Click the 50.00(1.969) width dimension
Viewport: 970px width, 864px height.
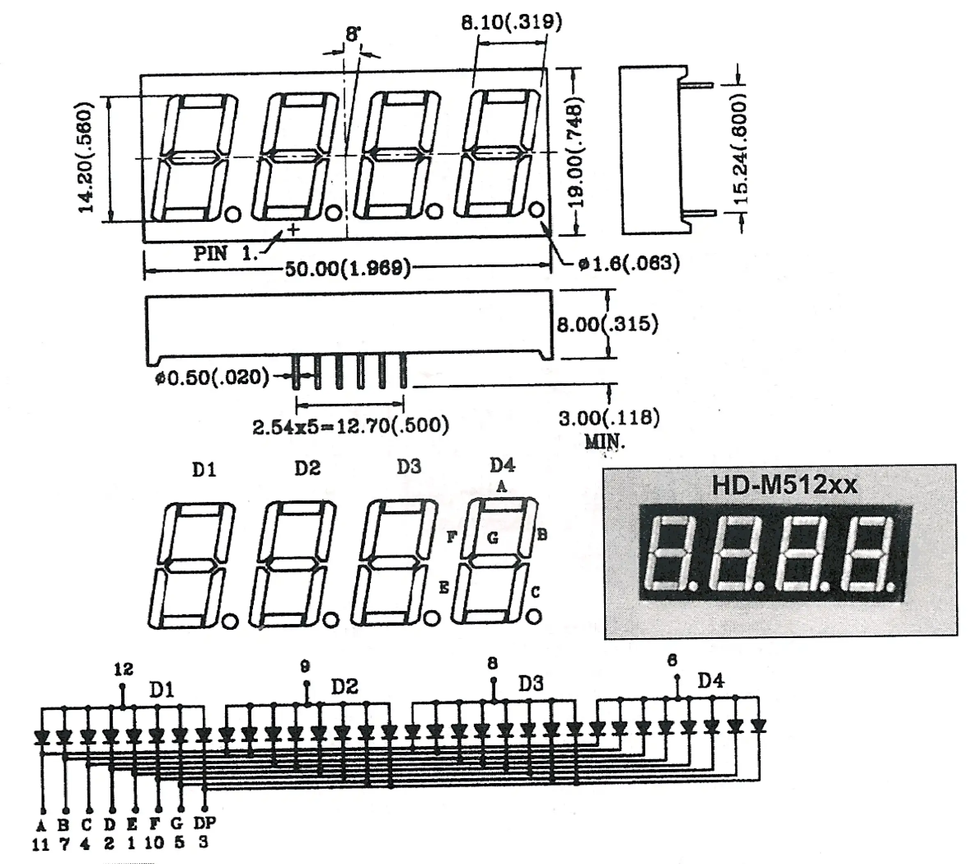pos(347,269)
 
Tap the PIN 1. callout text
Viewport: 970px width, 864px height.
pos(225,253)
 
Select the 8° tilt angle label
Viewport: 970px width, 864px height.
pos(353,34)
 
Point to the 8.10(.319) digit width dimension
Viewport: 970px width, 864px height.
pos(511,21)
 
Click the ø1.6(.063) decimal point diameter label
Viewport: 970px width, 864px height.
pos(629,263)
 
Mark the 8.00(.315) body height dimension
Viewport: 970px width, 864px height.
pos(607,325)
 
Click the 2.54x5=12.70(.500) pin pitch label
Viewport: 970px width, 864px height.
pos(350,426)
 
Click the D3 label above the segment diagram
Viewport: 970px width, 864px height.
pos(409,467)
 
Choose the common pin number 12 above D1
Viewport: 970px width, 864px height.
pos(123,669)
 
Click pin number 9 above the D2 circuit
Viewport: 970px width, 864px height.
pos(305,666)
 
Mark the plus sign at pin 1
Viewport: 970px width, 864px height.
pos(294,230)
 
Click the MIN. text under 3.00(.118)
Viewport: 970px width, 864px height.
pos(605,442)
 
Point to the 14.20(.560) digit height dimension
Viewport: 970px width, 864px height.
pos(86,158)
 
